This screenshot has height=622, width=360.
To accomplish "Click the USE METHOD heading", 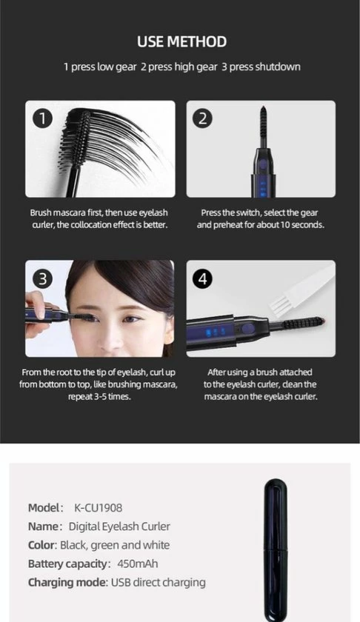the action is [x=181, y=41].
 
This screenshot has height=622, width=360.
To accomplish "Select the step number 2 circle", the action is [x=203, y=118].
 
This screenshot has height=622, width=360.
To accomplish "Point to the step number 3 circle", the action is [x=42, y=279].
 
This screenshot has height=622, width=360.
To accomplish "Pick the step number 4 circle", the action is [x=203, y=279].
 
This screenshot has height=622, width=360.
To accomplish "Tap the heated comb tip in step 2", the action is [x=263, y=125].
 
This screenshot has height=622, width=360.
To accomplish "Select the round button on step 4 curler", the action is [x=247, y=328].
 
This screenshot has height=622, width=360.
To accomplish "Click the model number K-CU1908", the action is [x=98, y=508].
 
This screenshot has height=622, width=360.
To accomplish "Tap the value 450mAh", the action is [x=138, y=564].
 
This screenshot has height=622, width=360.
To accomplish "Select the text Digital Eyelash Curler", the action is [x=119, y=526].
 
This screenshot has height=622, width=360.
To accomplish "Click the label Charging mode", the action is [x=67, y=582].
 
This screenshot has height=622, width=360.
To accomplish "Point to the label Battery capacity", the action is [x=68, y=564].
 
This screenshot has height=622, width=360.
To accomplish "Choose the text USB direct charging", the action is [x=159, y=582].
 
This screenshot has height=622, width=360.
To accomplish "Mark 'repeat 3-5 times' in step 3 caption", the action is [x=99, y=396].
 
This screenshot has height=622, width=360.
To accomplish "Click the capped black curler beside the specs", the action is [x=276, y=550].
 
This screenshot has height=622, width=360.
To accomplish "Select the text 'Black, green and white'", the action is [x=115, y=545].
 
